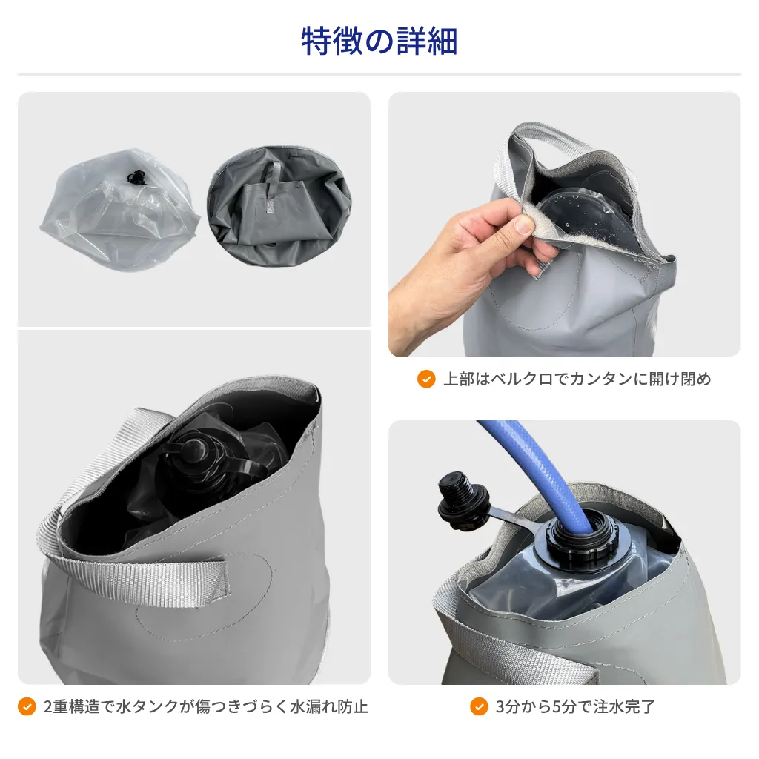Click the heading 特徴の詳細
[379, 42]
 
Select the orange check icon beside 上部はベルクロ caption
[426, 379]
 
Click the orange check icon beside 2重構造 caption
[27, 706]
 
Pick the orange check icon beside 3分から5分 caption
[479, 706]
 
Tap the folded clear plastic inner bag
[120, 209]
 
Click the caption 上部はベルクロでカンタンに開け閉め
[577, 379]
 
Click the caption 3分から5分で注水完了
[575, 706]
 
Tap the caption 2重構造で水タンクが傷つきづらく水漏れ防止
[206, 706]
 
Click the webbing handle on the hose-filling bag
[513, 644]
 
